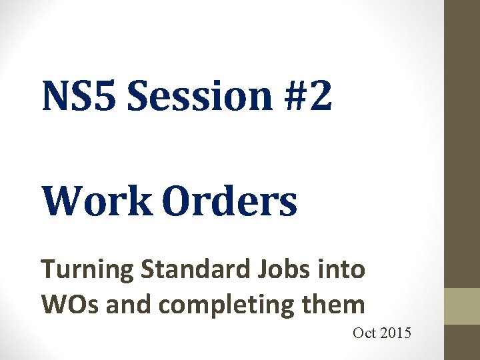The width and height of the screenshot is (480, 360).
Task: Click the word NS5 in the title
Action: [79, 97]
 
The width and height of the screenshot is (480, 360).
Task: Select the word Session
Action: [199, 97]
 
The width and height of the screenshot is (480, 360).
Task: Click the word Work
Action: [97, 202]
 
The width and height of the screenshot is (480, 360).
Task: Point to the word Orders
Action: [229, 202]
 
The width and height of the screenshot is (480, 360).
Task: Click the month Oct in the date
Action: [365, 333]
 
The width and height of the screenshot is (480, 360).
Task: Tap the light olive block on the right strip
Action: [462, 306]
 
